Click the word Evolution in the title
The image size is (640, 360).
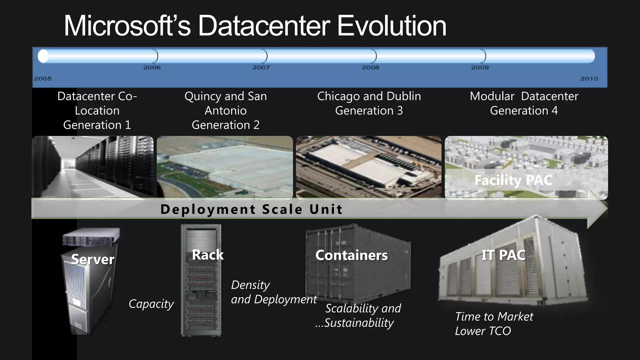(x=392, y=26)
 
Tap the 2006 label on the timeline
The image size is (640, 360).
(x=152, y=67)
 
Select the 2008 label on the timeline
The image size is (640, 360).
(x=370, y=67)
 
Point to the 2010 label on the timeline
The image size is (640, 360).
(x=589, y=79)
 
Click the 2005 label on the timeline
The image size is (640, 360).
(x=43, y=79)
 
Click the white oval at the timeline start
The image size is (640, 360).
(x=43, y=56)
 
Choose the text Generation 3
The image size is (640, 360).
(x=369, y=111)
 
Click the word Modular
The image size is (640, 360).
(x=492, y=96)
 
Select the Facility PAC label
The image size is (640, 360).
(x=513, y=180)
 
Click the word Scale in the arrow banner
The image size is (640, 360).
(x=282, y=209)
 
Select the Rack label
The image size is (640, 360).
(x=207, y=255)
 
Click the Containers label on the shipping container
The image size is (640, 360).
(x=351, y=255)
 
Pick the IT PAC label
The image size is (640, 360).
(x=503, y=255)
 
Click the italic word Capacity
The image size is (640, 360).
(x=151, y=304)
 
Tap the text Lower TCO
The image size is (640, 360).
(x=483, y=331)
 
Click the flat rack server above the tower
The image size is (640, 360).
(x=91, y=237)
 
